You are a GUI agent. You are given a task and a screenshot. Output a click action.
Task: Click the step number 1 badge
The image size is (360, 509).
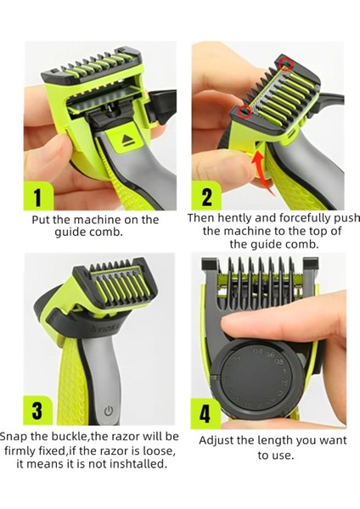(x=38, y=196)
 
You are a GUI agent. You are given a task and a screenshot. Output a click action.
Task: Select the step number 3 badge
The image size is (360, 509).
(x=37, y=411)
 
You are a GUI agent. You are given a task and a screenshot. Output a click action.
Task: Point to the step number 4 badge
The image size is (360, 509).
(x=205, y=414)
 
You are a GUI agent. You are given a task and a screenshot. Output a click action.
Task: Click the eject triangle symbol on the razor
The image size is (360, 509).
(x=127, y=140)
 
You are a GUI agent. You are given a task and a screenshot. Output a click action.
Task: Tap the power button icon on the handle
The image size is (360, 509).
(x=109, y=411)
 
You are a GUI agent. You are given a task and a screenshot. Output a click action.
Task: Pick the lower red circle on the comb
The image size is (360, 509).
(x=245, y=110)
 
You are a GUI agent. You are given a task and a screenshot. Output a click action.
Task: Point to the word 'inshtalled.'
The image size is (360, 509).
(x=138, y=464)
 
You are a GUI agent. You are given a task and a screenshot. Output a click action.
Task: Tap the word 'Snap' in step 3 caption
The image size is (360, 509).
(x=14, y=437)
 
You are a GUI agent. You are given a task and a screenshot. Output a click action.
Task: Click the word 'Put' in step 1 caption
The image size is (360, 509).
(x=41, y=220)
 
